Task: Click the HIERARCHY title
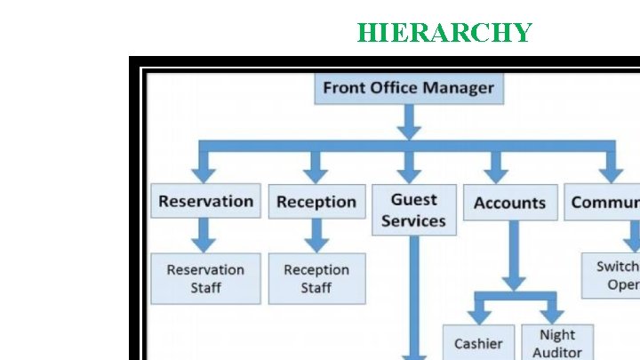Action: (x=444, y=33)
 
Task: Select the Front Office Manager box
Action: (x=408, y=88)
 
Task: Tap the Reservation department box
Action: (x=205, y=202)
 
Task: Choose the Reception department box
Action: (x=316, y=202)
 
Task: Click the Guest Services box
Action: (x=413, y=210)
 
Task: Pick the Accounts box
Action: (x=509, y=203)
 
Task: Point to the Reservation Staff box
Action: (x=205, y=278)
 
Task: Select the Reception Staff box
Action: (x=316, y=278)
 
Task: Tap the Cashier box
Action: (x=478, y=343)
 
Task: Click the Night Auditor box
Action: (x=557, y=342)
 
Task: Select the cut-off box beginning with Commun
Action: (x=604, y=203)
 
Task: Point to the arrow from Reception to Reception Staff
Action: (x=316, y=236)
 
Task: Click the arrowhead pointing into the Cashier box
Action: (x=478, y=316)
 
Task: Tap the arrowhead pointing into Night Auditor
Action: (x=553, y=316)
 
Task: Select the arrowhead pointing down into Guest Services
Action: (x=409, y=173)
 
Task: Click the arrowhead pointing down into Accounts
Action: (x=497, y=173)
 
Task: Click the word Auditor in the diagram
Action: (x=557, y=352)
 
